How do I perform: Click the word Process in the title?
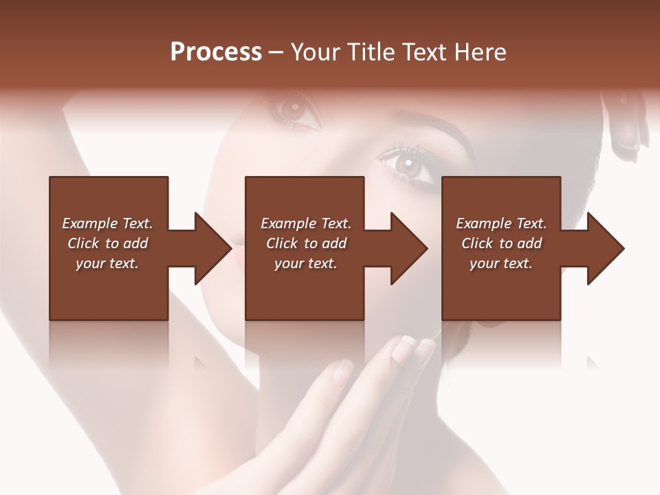pyautogui.click(x=216, y=52)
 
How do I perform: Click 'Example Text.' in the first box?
pyautogui.click(x=107, y=223)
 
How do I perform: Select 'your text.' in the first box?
pyautogui.click(x=107, y=263)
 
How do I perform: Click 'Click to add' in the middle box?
pyautogui.click(x=306, y=243)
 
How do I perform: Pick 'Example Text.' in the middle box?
pyautogui.click(x=306, y=223)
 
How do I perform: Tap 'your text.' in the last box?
pyautogui.click(x=501, y=263)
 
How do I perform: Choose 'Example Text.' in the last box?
pyautogui.click(x=501, y=223)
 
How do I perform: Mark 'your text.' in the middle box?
pyautogui.click(x=306, y=263)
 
